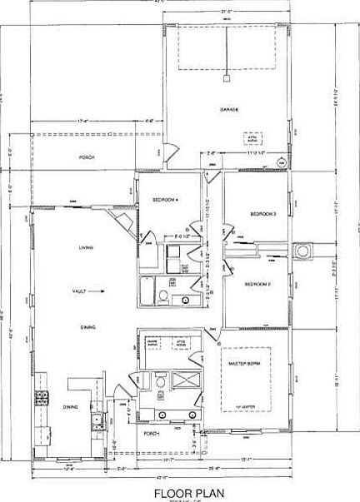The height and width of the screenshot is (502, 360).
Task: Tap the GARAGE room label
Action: tap(230, 109)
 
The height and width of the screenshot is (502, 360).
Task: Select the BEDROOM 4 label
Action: tap(166, 199)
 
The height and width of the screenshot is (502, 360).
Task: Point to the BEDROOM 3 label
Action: tap(263, 215)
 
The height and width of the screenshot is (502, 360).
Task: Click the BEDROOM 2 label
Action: tap(258, 285)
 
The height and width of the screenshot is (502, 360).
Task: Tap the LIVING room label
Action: tap(85, 247)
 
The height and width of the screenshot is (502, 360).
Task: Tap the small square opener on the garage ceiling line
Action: tap(226, 79)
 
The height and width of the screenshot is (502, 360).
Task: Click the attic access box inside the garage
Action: tap(251, 139)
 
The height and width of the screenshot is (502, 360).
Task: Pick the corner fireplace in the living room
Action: tap(123, 221)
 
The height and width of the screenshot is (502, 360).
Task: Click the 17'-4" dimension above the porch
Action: tap(82, 122)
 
